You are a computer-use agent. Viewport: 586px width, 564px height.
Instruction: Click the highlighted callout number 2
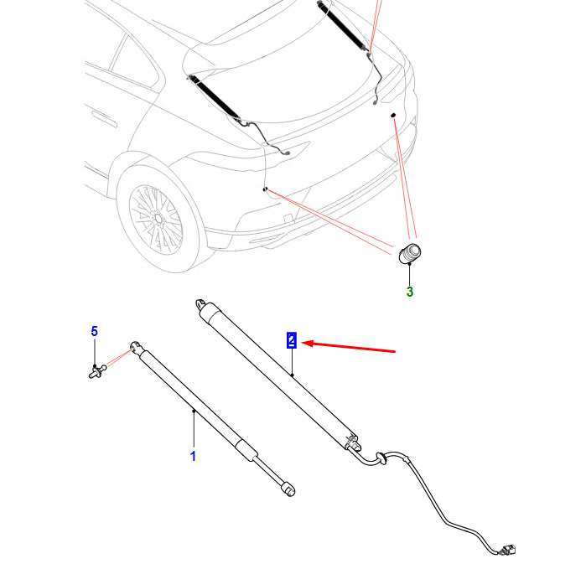tap(292, 340)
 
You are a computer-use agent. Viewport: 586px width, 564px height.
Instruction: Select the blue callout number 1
tap(193, 456)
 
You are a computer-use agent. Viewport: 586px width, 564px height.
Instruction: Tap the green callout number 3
tap(410, 292)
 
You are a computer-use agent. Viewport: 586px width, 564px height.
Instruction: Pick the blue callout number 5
tap(95, 331)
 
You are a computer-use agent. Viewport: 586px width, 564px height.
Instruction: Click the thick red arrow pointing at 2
tap(348, 347)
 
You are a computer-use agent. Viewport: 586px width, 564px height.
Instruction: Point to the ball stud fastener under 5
tap(97, 371)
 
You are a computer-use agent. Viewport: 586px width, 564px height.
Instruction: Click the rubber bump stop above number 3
tap(410, 253)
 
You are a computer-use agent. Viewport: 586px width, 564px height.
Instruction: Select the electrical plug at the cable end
tap(507, 550)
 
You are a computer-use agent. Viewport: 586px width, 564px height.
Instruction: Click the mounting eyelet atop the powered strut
tap(201, 304)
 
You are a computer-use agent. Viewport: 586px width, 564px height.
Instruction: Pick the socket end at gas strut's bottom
tap(288, 489)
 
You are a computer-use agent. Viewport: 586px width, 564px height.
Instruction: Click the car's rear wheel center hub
tap(158, 219)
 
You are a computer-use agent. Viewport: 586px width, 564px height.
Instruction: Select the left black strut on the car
tap(214, 96)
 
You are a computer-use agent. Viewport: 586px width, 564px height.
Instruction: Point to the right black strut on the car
tap(341, 24)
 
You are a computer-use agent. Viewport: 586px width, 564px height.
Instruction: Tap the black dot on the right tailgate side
tap(393, 115)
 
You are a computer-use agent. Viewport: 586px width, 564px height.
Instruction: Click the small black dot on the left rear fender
tap(265, 189)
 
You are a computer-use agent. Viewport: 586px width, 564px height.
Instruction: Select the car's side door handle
tap(104, 118)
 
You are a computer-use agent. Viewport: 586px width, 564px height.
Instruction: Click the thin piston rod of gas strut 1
tap(268, 469)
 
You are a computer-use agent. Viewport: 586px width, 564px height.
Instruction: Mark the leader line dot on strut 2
tap(293, 375)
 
